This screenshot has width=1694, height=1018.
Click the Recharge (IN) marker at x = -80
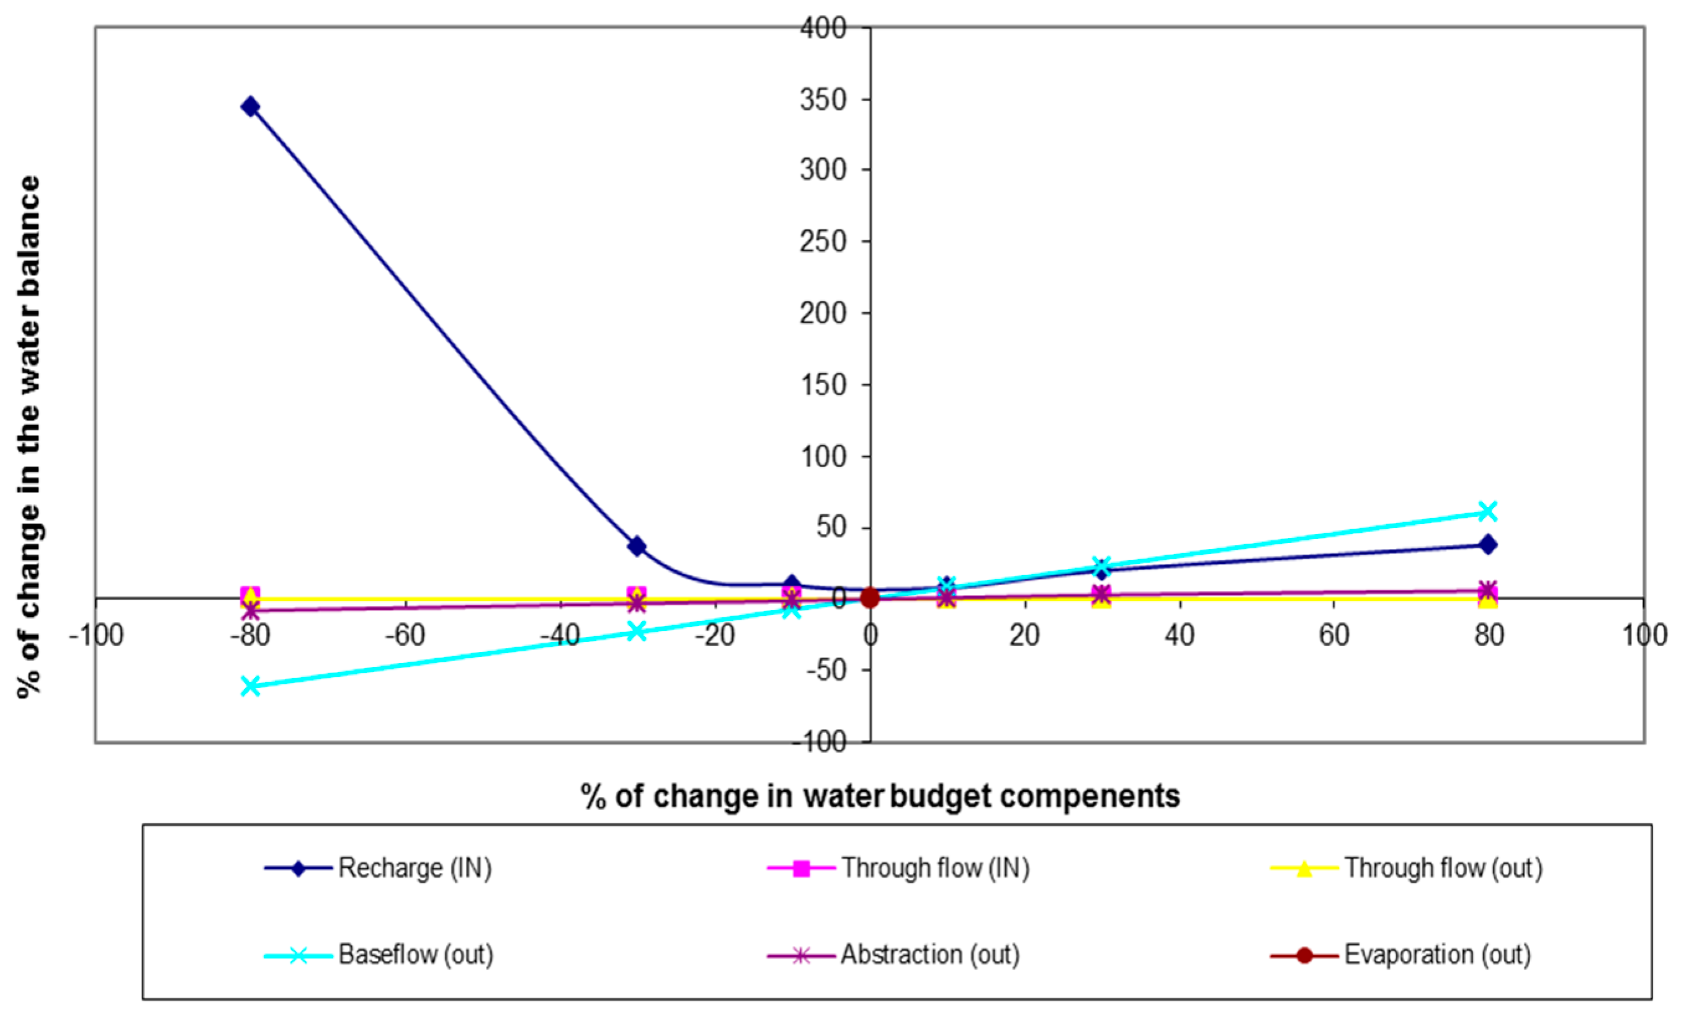coord(251,106)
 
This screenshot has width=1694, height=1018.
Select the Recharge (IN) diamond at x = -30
coord(637,547)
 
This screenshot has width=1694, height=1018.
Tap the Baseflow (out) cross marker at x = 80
coord(1487,511)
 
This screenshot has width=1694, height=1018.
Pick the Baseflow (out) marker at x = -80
coord(251,686)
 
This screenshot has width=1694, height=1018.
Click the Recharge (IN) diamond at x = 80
coord(1487,545)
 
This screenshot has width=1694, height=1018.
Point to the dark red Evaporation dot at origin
coord(869,598)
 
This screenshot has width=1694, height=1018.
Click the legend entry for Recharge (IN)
coord(415,868)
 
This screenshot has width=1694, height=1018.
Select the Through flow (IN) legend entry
coord(935,868)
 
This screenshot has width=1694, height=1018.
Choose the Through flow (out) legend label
coord(1443,868)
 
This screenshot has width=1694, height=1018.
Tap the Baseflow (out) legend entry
coord(416,954)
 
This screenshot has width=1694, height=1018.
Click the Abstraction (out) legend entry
coord(930,954)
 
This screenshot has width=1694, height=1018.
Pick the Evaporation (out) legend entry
coord(1437,954)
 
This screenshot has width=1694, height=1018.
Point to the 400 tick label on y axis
coord(823,28)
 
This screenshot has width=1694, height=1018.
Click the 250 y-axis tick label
coord(823,241)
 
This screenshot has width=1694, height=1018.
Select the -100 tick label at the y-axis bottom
coord(820,742)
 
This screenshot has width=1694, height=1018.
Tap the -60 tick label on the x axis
coord(405,635)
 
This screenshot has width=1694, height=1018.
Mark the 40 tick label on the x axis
coord(1180,635)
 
